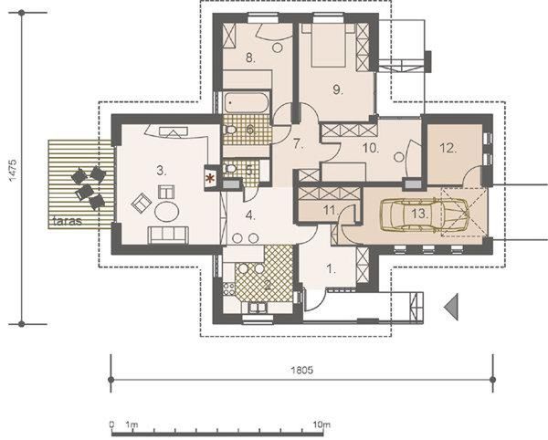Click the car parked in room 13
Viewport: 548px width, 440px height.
point(422,215)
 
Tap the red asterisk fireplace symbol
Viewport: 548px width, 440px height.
point(212,177)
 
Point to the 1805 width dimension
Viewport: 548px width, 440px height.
point(302,371)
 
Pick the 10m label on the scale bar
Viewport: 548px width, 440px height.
point(320,425)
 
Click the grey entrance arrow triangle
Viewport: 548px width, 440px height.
point(449,309)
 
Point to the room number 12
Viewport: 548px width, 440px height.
point(447,148)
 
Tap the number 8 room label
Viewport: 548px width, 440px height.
point(248,58)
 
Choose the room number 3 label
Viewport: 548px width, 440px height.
point(161,170)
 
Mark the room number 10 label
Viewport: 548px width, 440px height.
point(369,146)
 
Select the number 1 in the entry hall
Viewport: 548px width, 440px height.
point(332,268)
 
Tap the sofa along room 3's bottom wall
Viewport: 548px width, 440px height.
point(167,235)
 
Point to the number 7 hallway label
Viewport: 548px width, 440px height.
point(298,143)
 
